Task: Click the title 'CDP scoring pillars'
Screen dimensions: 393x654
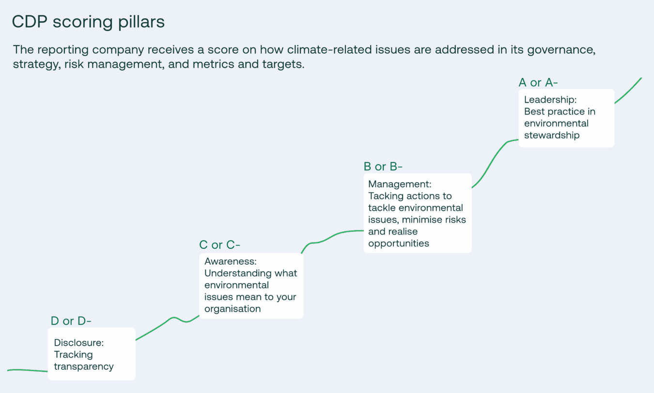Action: [x=88, y=22]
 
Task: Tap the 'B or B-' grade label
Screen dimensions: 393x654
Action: [x=383, y=167]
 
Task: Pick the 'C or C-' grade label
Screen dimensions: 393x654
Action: [x=219, y=245]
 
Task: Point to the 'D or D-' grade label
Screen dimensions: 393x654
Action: [x=71, y=321]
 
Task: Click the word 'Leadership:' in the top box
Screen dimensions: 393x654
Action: [x=550, y=100]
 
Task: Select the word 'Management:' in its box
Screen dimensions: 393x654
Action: [x=400, y=184]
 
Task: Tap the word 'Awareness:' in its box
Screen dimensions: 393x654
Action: [x=230, y=261]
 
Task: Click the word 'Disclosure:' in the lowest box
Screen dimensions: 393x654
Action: [x=79, y=343]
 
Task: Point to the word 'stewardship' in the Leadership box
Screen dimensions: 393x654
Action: [x=552, y=135]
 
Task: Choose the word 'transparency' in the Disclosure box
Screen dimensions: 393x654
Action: [x=84, y=366]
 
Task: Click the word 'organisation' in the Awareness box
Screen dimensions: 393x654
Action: [x=233, y=309]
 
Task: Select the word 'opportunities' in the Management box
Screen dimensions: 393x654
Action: [x=399, y=243]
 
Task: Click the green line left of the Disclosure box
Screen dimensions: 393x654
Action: [x=27, y=370]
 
